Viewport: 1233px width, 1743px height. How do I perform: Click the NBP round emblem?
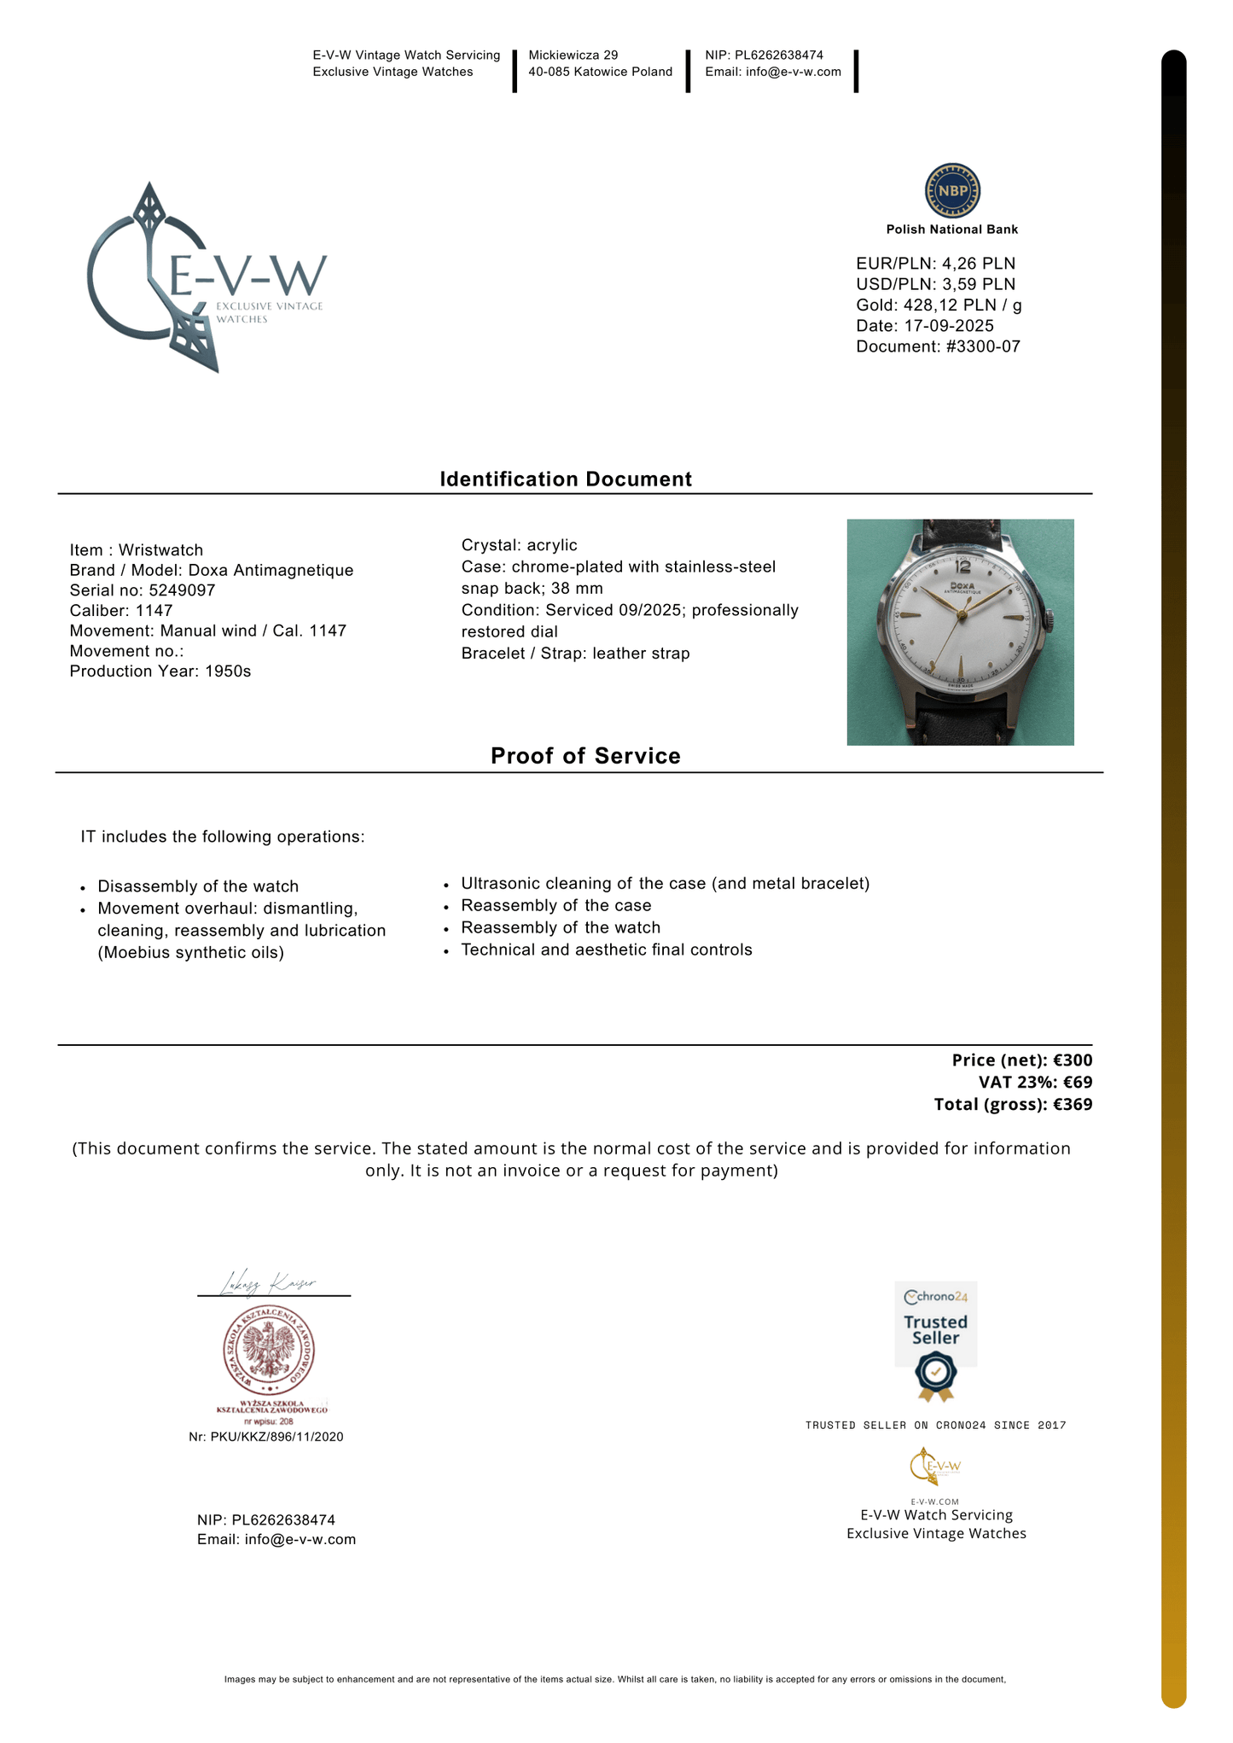952,190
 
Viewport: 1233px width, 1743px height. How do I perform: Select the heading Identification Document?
566,479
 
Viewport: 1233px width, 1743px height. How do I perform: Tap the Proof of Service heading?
585,756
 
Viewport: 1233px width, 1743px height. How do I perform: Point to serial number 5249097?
182,590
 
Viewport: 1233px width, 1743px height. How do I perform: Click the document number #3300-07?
983,346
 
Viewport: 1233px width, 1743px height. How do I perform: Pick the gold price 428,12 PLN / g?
963,305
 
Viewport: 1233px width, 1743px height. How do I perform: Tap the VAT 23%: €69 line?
1035,1083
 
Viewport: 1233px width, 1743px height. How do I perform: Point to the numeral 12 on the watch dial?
963,566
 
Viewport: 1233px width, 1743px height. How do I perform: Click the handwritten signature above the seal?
269,1283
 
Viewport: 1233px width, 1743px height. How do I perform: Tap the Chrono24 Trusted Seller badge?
936,1340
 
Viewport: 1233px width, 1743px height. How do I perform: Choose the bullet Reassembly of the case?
555,905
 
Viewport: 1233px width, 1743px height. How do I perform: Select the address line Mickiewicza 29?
573,55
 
